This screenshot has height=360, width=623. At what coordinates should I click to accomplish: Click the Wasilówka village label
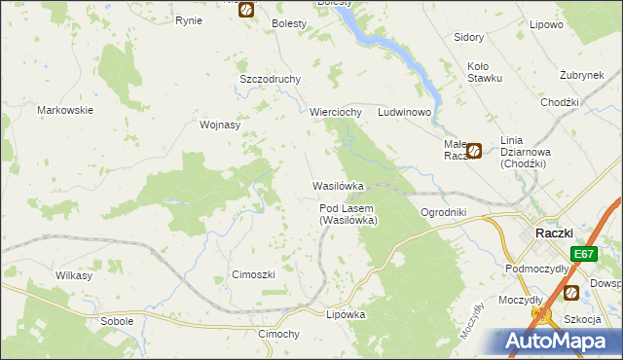[338, 185]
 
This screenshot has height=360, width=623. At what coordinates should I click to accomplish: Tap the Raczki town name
[554, 233]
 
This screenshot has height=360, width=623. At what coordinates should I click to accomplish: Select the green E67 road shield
[583, 254]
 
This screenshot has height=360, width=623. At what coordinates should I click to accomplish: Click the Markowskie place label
[65, 110]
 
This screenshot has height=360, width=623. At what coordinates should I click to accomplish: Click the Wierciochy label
[336, 112]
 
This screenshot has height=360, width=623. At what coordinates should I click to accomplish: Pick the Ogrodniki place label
[443, 211]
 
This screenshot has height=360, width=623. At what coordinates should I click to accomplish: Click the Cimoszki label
[253, 274]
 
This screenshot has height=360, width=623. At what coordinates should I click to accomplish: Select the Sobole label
[117, 320]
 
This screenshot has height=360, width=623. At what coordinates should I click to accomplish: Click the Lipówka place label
[346, 314]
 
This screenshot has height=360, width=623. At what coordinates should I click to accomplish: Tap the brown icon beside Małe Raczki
[474, 150]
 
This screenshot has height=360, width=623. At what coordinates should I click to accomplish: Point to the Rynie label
[188, 19]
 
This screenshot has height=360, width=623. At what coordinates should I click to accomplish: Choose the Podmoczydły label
[536, 268]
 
